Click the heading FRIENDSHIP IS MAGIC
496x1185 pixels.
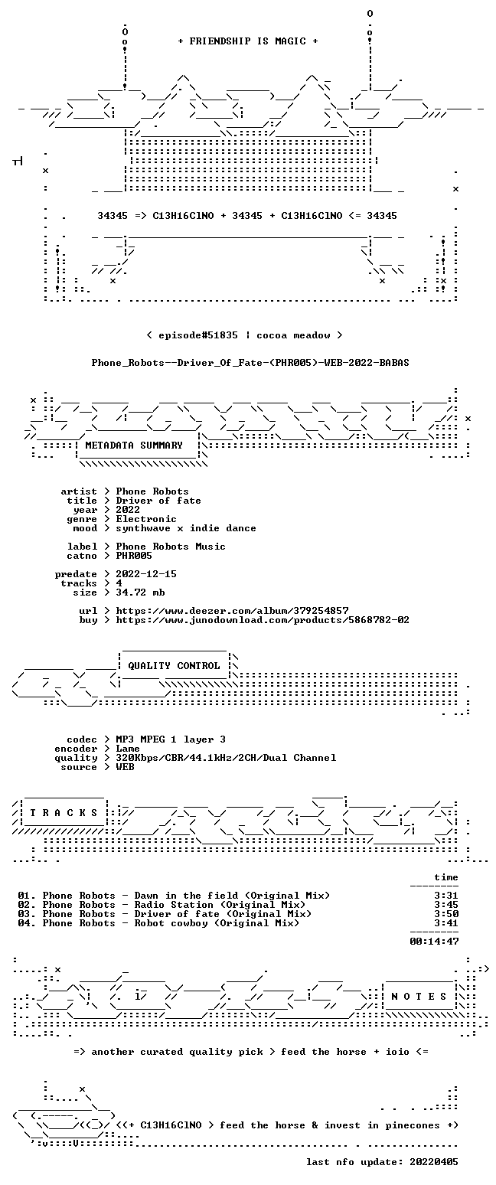click(x=247, y=41)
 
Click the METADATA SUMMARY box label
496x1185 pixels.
click(x=134, y=446)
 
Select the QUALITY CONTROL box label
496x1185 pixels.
click(x=174, y=666)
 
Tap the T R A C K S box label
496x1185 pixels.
click(x=64, y=812)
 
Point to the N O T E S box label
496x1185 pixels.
click(x=419, y=996)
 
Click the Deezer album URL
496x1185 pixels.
click(x=232, y=610)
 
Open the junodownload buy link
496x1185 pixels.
click(x=263, y=620)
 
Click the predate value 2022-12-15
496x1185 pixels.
click(x=146, y=574)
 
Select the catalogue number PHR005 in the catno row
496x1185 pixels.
click(x=134, y=556)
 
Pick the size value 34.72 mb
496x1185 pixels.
click(x=140, y=592)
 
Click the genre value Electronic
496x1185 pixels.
click(x=146, y=519)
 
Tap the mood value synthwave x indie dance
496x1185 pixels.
click(x=185, y=528)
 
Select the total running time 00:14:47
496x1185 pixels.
click(x=434, y=941)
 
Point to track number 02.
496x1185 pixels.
click(x=27, y=905)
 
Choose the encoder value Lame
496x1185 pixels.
click(x=128, y=749)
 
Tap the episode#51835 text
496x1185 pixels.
click(x=198, y=335)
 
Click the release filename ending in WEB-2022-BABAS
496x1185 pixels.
click(x=250, y=363)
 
